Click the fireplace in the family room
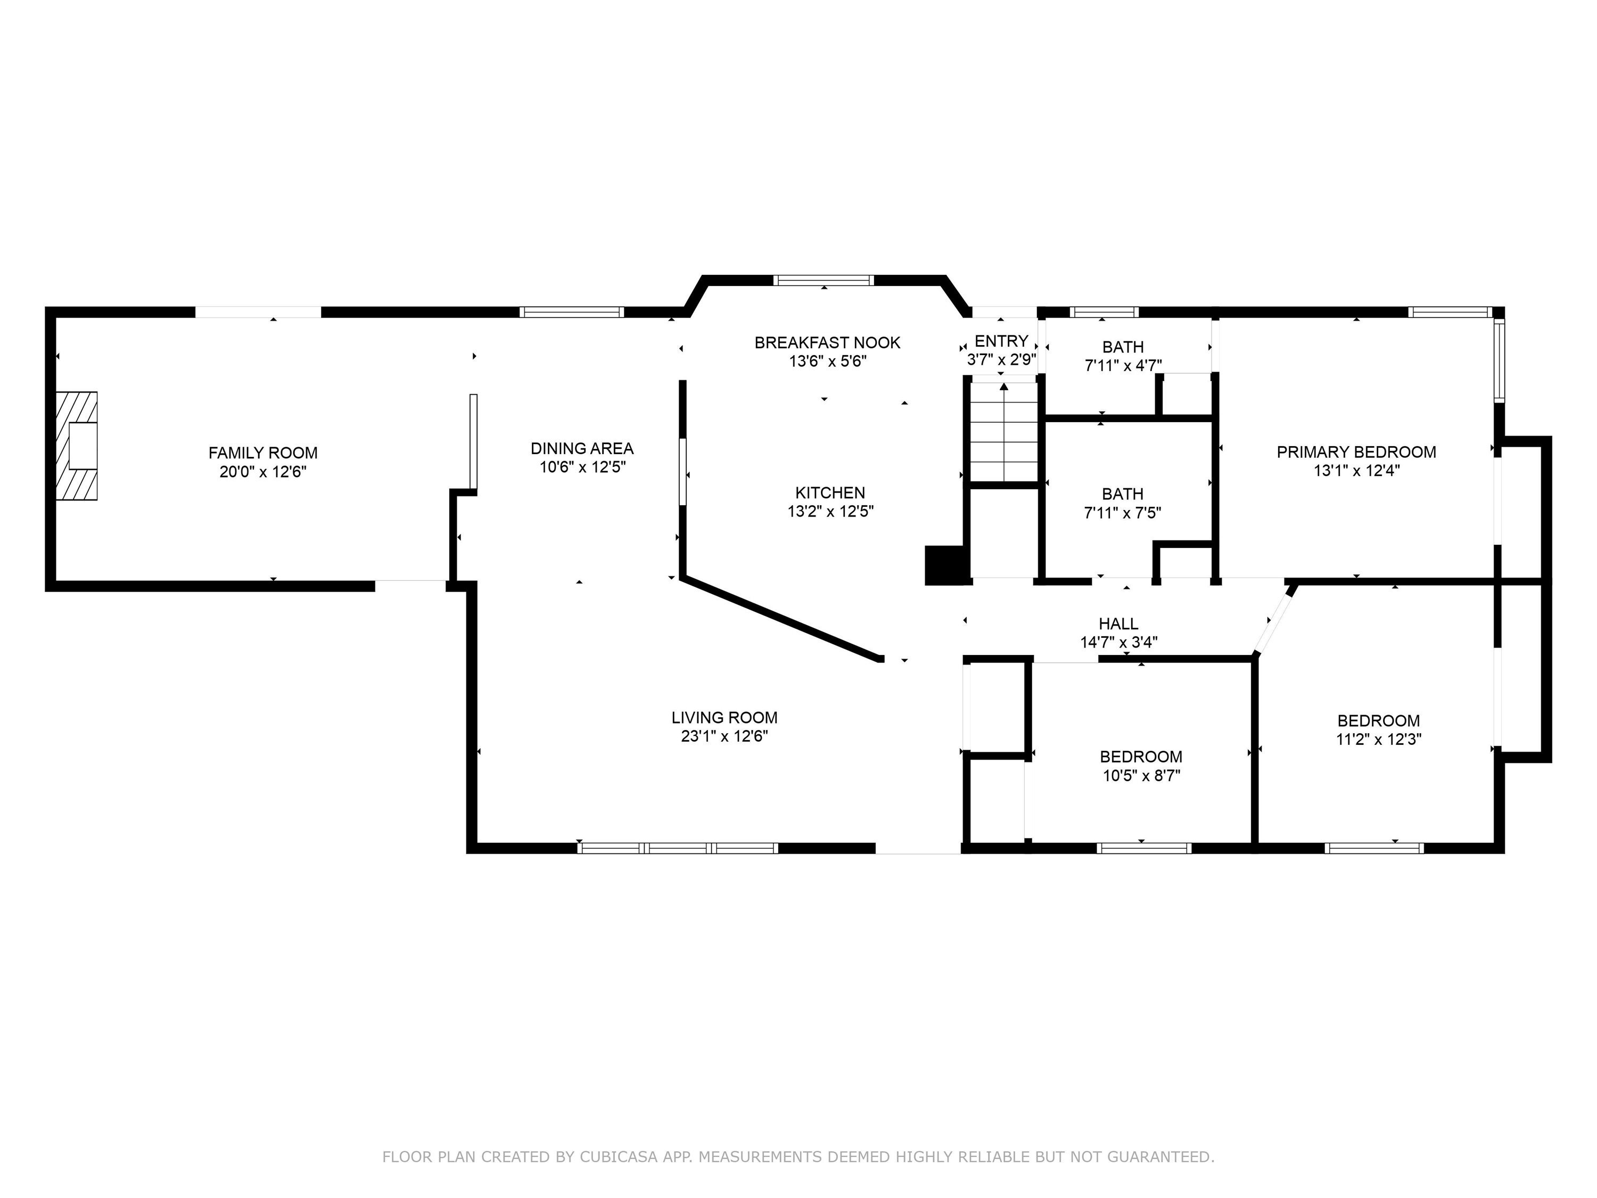point(77,446)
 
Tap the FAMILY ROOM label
point(263,453)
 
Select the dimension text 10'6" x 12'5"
point(582,467)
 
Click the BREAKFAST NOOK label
point(827,342)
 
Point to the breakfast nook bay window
point(824,280)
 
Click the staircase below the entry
point(1003,432)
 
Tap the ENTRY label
point(1001,341)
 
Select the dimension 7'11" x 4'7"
point(1123,365)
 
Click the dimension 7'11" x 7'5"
point(1123,513)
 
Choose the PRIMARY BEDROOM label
point(1356,452)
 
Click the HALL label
point(1118,623)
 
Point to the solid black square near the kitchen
point(944,565)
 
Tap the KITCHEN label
point(830,493)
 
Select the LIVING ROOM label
point(724,717)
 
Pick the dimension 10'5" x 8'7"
point(1141,776)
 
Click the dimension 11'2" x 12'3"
point(1379,739)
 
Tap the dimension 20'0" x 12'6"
point(264,472)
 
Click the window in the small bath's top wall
point(1104,312)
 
